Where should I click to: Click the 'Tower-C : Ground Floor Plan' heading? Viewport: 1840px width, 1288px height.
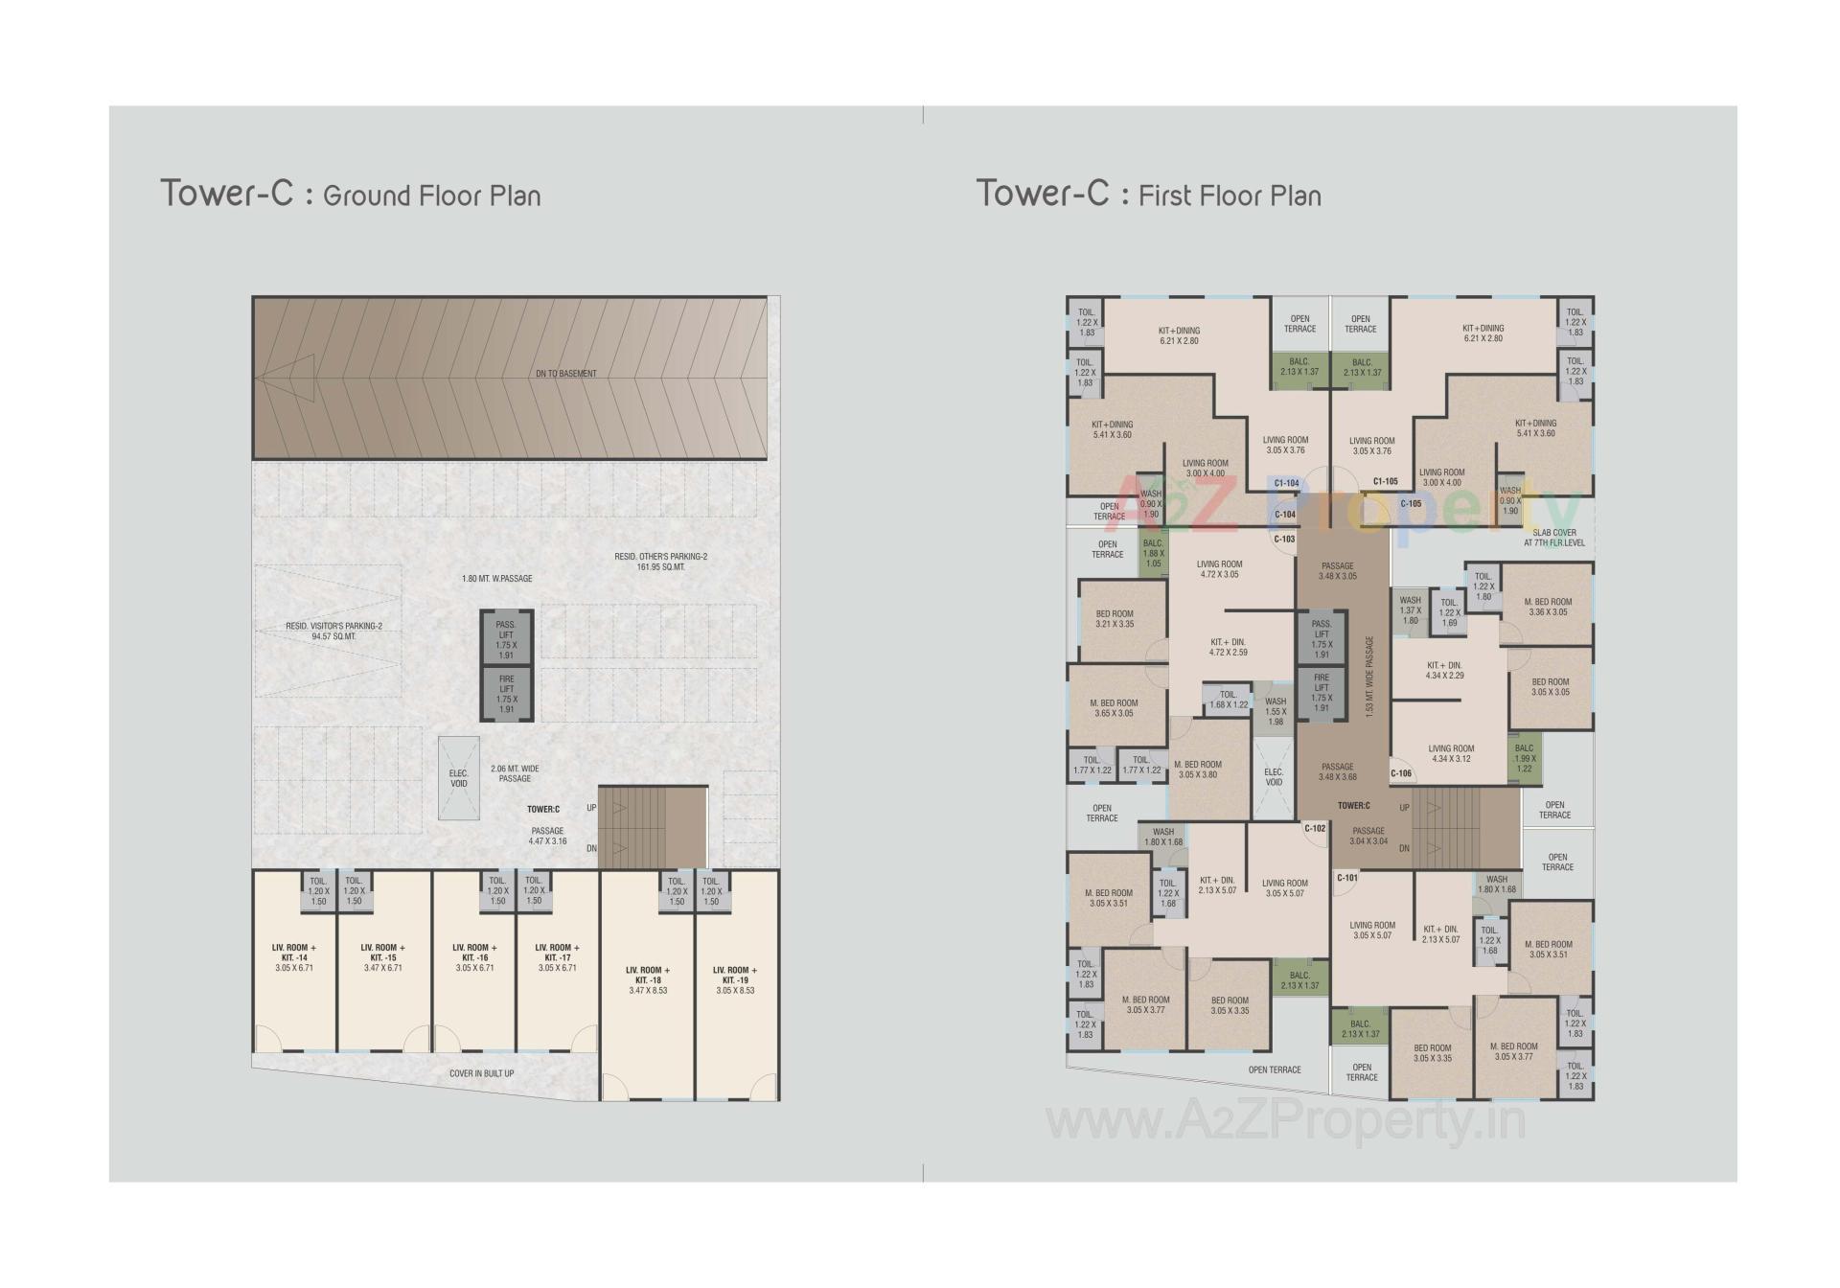click(351, 195)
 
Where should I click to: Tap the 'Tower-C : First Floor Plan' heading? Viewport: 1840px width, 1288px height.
click(1148, 195)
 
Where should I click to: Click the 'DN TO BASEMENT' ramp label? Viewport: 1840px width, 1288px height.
click(565, 374)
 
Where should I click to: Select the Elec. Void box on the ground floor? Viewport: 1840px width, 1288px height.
click(459, 778)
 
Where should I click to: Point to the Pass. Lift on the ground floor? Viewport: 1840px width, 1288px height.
click(506, 639)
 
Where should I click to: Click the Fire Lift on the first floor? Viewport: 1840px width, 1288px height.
click(1322, 693)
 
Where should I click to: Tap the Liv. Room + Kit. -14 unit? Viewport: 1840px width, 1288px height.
click(294, 957)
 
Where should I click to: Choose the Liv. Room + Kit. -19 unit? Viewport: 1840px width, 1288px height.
click(735, 979)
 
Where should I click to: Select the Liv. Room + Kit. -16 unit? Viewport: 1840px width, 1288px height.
click(474, 957)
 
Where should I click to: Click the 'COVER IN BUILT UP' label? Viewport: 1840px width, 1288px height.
click(481, 1073)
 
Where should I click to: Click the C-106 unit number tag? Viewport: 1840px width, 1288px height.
click(1400, 773)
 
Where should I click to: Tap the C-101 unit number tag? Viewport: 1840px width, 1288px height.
click(1346, 878)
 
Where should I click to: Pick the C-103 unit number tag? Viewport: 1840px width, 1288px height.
click(1284, 540)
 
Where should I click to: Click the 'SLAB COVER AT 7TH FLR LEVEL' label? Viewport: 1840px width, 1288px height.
click(1553, 538)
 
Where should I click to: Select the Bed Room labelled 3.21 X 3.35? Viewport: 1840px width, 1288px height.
click(1115, 619)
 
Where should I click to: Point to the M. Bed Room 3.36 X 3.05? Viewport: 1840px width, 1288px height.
click(1548, 607)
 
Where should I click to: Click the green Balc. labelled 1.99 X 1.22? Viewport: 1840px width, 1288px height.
click(1524, 758)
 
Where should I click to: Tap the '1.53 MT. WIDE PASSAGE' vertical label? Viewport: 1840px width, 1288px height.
click(1369, 677)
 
